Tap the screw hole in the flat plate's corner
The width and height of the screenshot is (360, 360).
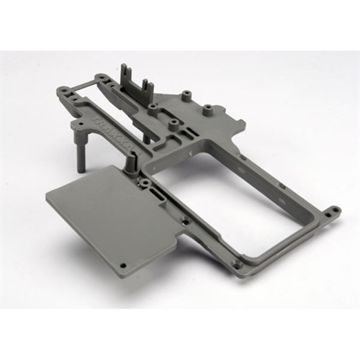pyautogui.click(x=122, y=265)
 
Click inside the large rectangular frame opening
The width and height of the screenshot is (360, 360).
pyautogui.click(x=238, y=194)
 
